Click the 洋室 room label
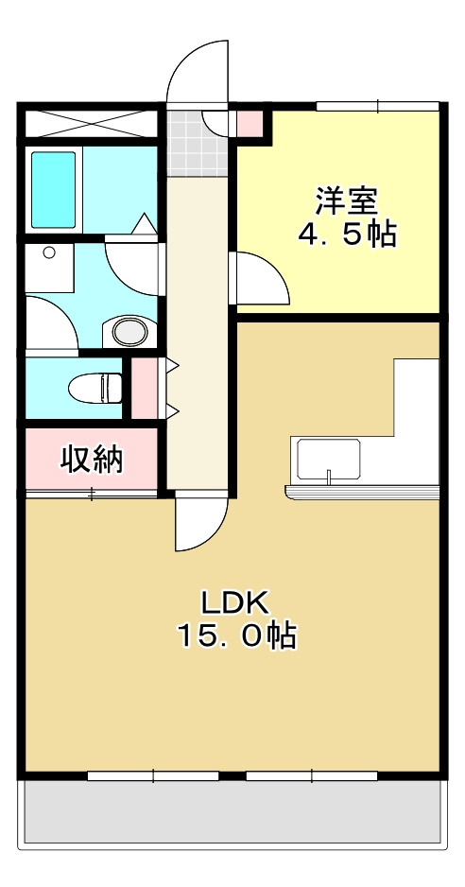coord(346,200)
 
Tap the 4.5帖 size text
coord(346,234)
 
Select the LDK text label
coord(235,600)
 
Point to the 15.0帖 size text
coord(235,635)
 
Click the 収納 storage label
coord(92,460)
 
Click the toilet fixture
coord(96,388)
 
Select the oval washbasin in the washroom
coord(129,331)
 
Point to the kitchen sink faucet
coord(328,476)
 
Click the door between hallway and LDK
coord(200,523)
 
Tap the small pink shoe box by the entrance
coord(250,122)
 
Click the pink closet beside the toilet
coord(145,388)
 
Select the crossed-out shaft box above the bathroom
coord(90,123)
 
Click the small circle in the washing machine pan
coord(47,252)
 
